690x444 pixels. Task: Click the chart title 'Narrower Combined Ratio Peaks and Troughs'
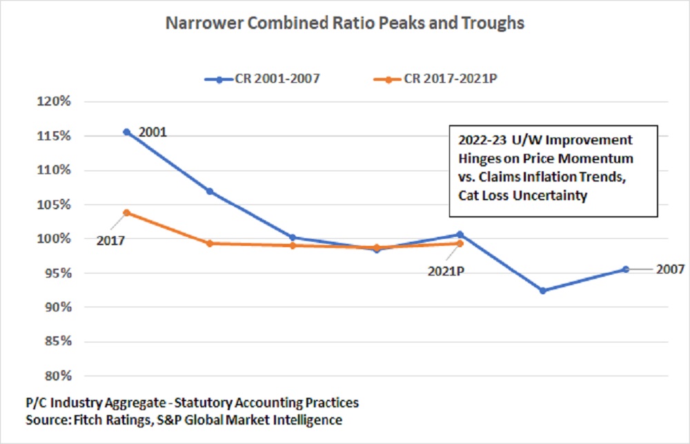pos(345,23)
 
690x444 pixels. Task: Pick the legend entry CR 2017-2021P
pos(442,79)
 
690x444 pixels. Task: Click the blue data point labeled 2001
pos(126,132)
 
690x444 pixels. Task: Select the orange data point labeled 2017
pos(126,213)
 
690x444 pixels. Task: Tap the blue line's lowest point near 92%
pos(542,291)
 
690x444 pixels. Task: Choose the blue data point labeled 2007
pos(626,269)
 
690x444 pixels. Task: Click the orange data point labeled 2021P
pos(460,243)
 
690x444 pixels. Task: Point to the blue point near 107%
pos(210,191)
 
